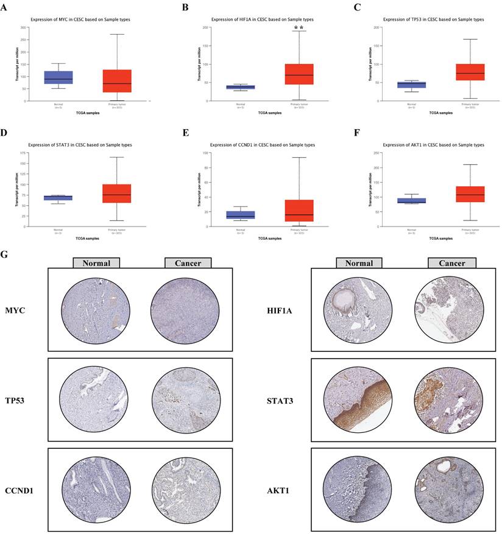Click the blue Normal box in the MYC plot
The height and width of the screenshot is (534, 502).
pos(63,77)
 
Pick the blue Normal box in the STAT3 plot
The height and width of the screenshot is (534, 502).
pos(63,198)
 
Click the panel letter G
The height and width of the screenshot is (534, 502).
pos(5,253)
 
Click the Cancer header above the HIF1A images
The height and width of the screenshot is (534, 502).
pos(452,263)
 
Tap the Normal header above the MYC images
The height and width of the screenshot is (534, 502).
pos(96,263)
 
